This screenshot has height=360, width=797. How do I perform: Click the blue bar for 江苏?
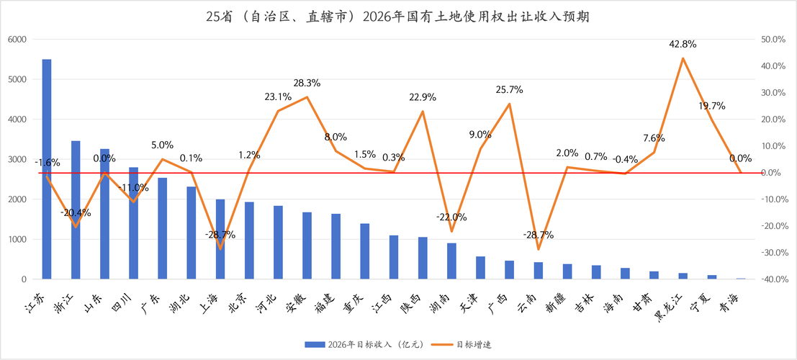click(47, 168)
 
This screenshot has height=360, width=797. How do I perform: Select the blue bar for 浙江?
click(76, 210)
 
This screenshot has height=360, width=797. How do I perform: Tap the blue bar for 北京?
click(249, 240)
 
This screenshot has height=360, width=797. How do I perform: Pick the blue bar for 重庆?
click(365, 251)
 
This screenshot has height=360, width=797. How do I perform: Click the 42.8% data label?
click(683, 44)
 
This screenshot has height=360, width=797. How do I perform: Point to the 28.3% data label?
click(307, 84)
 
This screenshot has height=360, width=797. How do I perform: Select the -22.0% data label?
click(451, 217)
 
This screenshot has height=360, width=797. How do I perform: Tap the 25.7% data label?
click(509, 90)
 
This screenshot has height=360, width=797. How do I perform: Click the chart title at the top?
click(397, 16)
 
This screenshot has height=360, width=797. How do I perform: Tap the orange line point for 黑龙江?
click(683, 58)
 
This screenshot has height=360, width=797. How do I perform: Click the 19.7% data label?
click(711, 106)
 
